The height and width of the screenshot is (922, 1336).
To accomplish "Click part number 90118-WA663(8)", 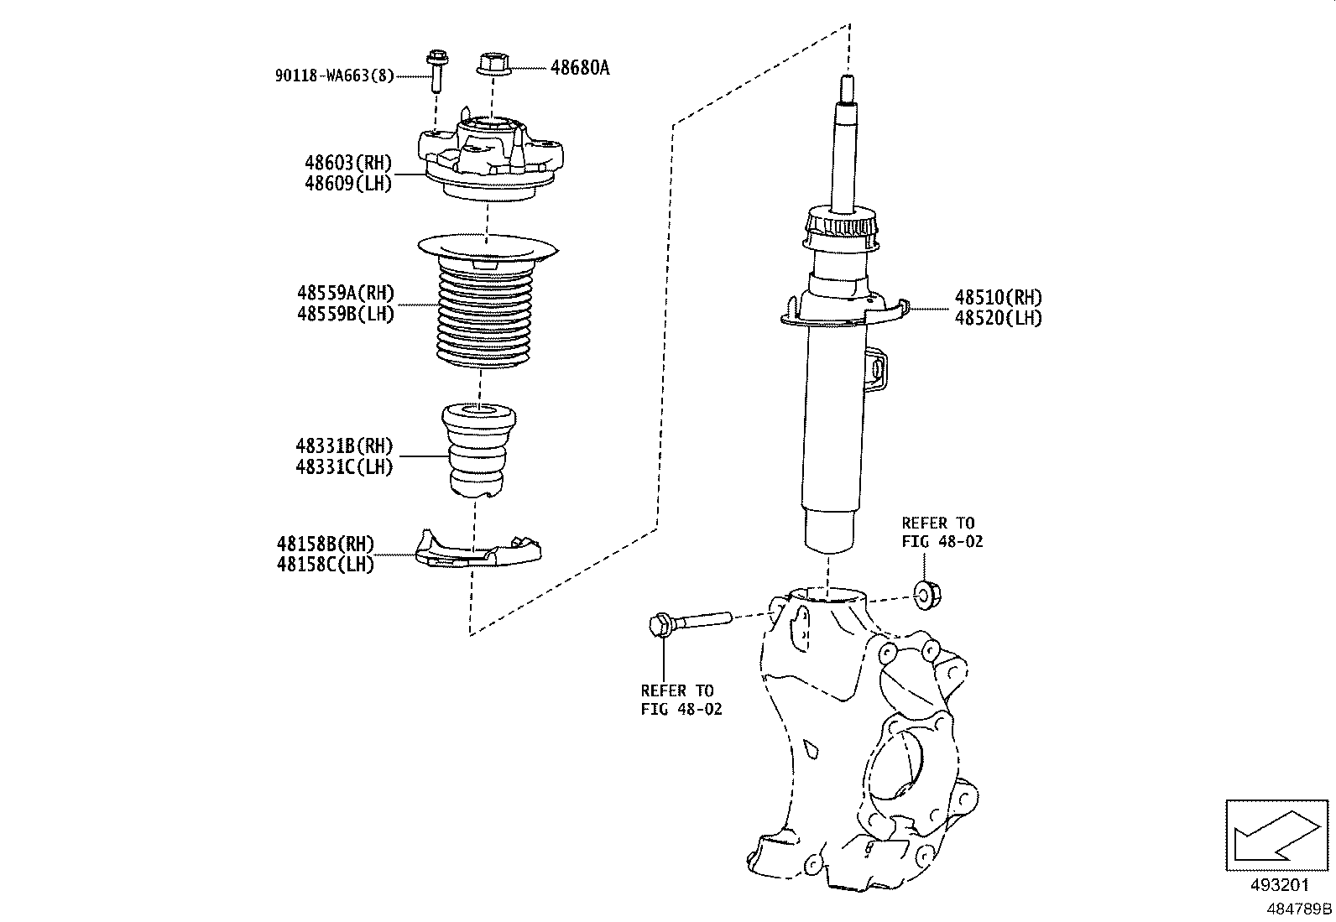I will click(334, 76).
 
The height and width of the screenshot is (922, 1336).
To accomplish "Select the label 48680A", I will click(580, 68).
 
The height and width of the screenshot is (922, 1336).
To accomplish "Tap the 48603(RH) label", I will click(348, 162).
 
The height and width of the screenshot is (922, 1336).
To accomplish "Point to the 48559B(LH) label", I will click(344, 314).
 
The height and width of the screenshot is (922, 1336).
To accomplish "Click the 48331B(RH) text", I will click(343, 446).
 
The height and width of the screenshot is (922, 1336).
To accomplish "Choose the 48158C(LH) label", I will click(325, 565).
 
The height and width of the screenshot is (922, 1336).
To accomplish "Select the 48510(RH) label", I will click(998, 297).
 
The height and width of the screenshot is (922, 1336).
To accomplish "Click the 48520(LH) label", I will click(998, 318).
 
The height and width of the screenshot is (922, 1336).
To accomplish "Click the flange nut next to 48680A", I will click(492, 65).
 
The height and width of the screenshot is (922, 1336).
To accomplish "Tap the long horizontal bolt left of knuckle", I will click(688, 622).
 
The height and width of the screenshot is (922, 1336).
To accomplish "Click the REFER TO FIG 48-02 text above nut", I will click(942, 532).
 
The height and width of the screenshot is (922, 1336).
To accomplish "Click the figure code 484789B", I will click(1299, 909).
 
